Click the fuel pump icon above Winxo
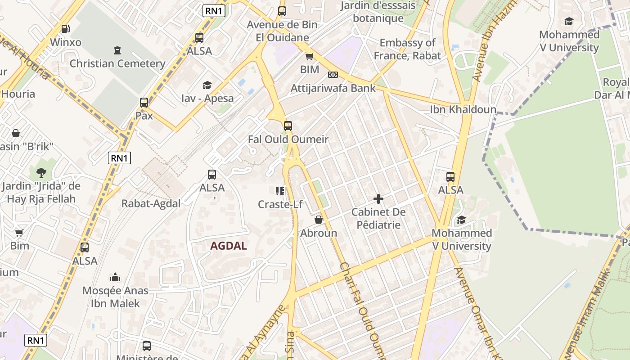[65, 29]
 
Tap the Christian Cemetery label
[117, 63]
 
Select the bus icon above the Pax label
[144, 103]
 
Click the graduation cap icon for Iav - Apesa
[207, 85]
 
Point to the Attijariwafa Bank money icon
[333, 75]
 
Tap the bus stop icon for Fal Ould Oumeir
[288, 126]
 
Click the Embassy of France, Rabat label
[407, 49]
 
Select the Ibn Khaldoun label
[463, 110]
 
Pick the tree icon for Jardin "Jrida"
[41, 172]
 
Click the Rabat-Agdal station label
[151, 203]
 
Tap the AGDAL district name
[229, 246]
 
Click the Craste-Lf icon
[280, 191]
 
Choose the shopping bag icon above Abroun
[319, 220]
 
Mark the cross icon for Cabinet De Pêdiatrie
[378, 198]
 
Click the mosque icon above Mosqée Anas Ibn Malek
[115, 277]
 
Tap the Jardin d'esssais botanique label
[378, 12]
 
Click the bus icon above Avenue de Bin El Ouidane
[282, 11]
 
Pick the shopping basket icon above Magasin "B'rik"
[16, 133]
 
